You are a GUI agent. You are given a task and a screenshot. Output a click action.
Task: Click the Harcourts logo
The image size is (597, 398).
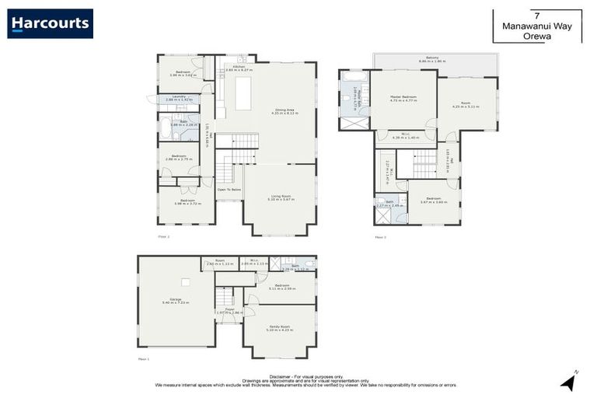click(51, 23)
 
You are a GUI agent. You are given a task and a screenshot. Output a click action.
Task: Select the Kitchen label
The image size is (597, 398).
click(239, 68)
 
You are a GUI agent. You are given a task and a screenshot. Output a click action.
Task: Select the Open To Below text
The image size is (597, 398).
click(229, 189)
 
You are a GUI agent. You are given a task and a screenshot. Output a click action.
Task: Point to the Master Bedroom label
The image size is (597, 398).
click(403, 98)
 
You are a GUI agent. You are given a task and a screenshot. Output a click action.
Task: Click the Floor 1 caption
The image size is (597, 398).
click(142, 359)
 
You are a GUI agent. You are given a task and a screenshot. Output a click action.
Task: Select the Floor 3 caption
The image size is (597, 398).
click(380, 236)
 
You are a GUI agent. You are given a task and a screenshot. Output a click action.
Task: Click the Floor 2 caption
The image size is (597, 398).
click(163, 236)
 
